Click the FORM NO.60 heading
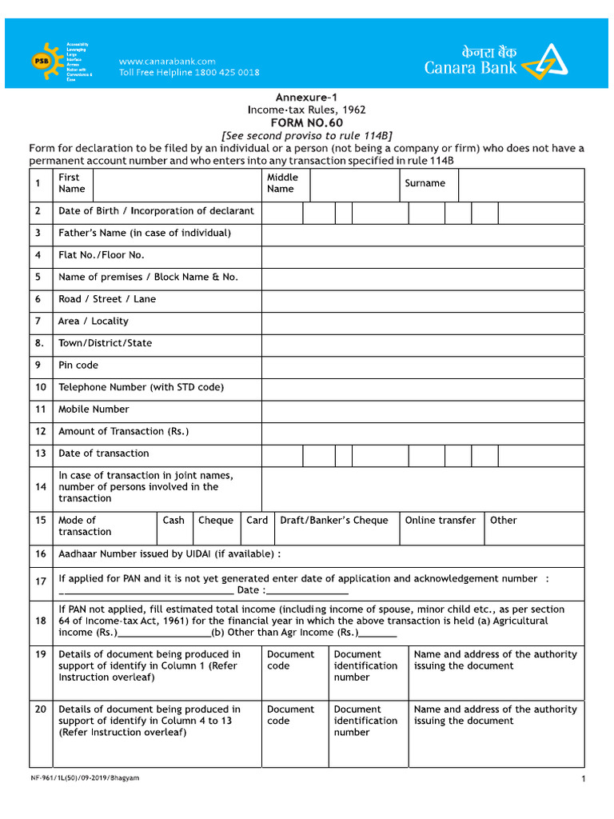tap(306, 123)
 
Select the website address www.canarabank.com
tap(167, 62)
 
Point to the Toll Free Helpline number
tap(189, 73)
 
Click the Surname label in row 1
tap(425, 183)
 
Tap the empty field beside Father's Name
tap(422, 234)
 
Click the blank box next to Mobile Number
tap(422, 409)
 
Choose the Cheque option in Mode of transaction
tap(216, 521)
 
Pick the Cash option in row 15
tap(173, 521)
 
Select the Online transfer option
tap(440, 521)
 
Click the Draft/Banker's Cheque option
tap(334, 521)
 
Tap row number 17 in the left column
tap(40, 581)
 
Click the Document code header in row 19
tap(290, 660)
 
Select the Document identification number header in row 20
tap(365, 721)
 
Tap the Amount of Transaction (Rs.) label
tap(124, 432)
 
